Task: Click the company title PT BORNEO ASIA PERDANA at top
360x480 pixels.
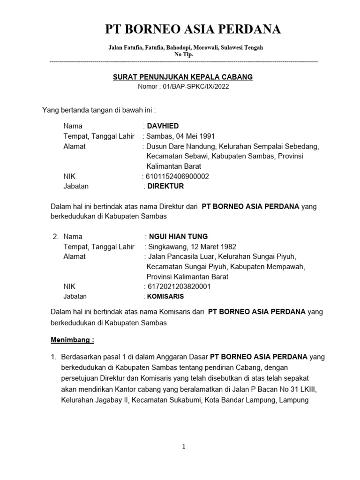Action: pyautogui.click(x=193, y=30)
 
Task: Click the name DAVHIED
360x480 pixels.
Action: pyautogui.click(x=163, y=126)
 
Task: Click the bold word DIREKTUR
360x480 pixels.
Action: pyautogui.click(x=165, y=186)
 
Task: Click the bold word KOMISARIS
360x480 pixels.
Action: pyautogui.click(x=165, y=297)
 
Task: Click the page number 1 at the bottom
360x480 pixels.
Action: pyautogui.click(x=184, y=447)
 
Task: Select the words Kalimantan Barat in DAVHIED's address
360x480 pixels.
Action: pyautogui.click(x=173, y=166)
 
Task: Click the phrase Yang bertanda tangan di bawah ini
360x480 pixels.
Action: pyautogui.click(x=99, y=111)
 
